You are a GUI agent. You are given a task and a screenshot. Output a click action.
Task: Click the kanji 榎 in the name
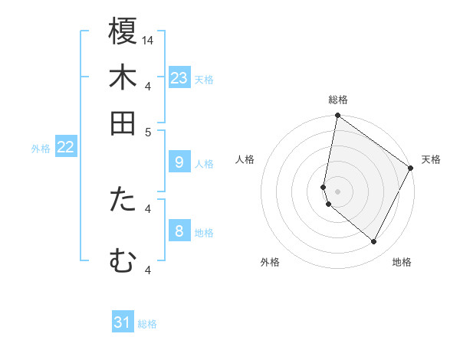[x=123, y=33]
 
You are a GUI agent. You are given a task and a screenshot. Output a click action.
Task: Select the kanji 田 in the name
[x=123, y=123]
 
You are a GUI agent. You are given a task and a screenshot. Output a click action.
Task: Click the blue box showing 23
[x=179, y=78]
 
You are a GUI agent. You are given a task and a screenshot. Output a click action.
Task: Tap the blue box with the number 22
[x=65, y=147]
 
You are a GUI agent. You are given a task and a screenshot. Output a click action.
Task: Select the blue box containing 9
[x=179, y=162]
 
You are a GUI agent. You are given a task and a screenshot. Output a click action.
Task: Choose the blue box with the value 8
[x=179, y=231]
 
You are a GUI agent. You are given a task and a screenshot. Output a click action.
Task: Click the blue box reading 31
[x=123, y=322]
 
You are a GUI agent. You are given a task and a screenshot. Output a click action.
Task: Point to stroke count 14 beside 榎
[x=149, y=40]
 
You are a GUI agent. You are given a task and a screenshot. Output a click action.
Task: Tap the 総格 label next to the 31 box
[x=147, y=324]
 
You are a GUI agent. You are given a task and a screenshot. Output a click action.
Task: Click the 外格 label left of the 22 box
[x=41, y=149]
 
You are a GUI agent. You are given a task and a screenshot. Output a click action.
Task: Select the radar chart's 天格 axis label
[x=431, y=159]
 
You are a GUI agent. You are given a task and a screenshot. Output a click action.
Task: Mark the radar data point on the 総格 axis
[x=337, y=116]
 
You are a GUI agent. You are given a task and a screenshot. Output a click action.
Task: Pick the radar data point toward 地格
[x=374, y=242]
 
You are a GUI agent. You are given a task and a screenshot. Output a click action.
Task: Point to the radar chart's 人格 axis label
[x=245, y=159]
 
